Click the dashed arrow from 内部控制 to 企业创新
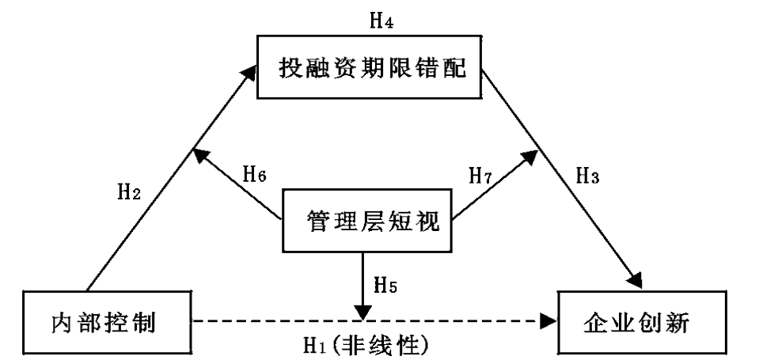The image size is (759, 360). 317,321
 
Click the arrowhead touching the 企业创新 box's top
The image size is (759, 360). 635,281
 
